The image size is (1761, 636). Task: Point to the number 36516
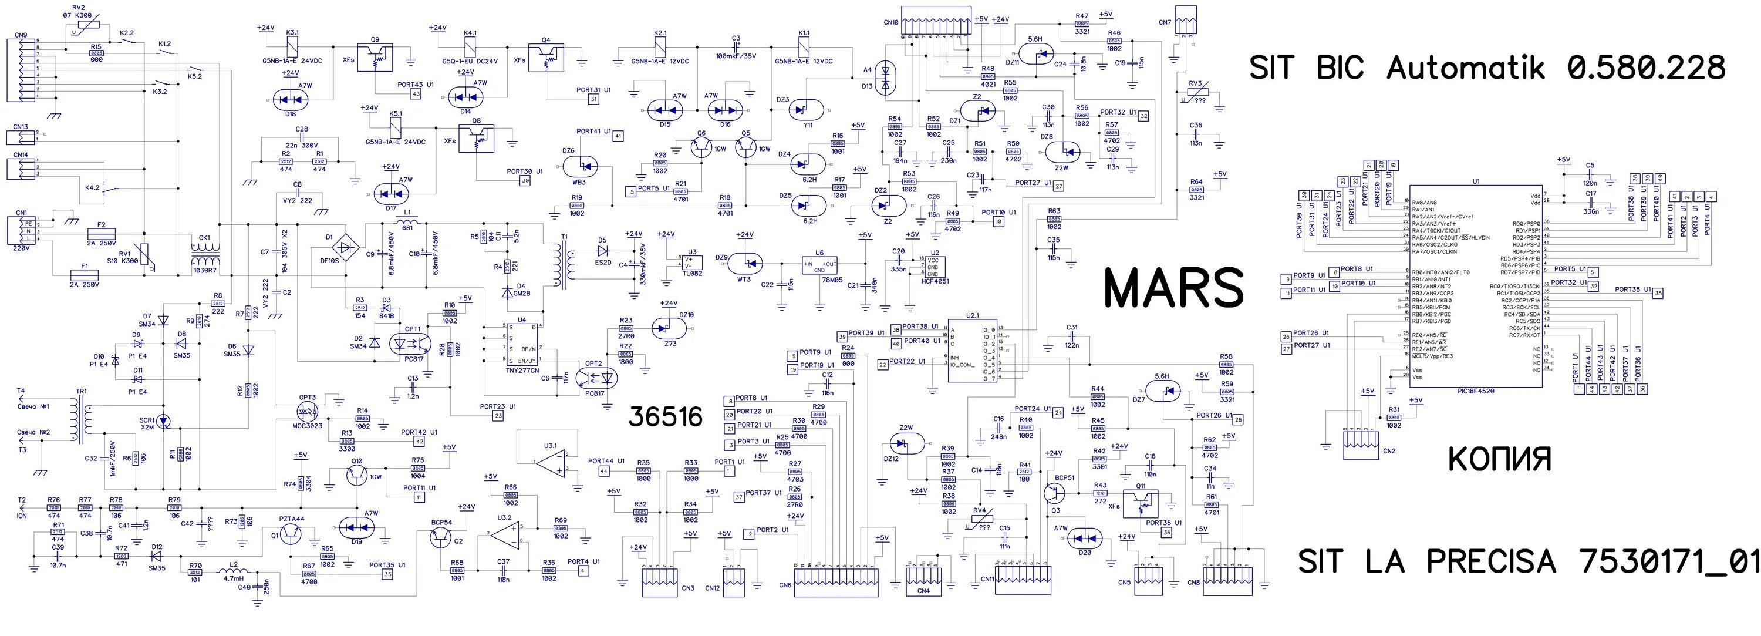[x=665, y=416]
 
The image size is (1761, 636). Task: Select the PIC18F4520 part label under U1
[x=1475, y=391]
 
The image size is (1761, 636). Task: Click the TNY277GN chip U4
[x=522, y=344]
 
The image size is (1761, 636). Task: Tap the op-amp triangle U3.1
[x=551, y=462]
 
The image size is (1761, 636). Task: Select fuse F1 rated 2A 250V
[x=84, y=275]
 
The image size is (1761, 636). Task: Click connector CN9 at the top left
[x=21, y=70]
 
